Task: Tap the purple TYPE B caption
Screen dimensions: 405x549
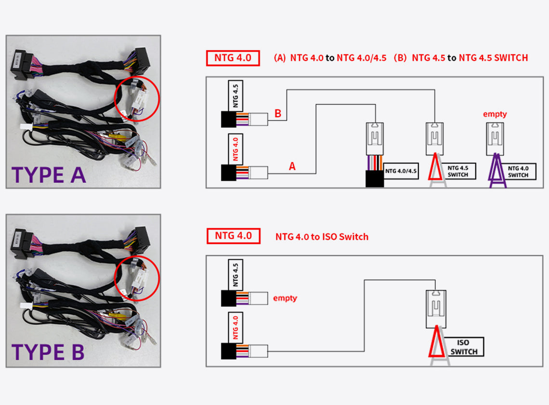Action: click(x=48, y=352)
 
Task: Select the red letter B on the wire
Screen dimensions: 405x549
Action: click(x=278, y=114)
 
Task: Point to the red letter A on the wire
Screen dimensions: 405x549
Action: click(x=292, y=166)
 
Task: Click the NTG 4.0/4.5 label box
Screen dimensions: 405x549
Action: click(x=401, y=171)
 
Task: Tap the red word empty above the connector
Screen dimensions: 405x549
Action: click(x=495, y=114)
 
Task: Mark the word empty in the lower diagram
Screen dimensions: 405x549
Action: click(x=285, y=298)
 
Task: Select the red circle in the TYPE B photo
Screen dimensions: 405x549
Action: click(x=137, y=278)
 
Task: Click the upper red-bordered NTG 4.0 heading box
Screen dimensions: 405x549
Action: click(x=233, y=58)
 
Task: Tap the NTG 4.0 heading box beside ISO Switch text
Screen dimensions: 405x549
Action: click(x=234, y=236)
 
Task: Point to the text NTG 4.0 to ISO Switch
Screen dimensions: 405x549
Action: click(x=322, y=237)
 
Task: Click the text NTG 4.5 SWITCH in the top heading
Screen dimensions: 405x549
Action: click(x=493, y=58)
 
